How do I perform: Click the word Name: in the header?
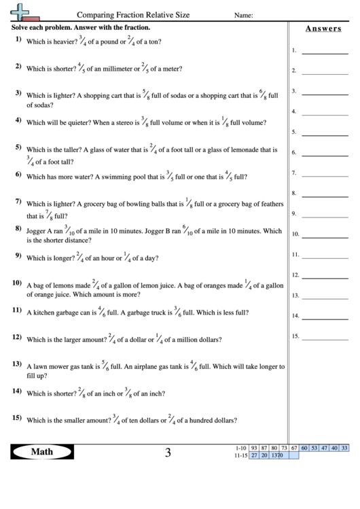(244, 14)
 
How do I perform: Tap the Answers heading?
(322, 29)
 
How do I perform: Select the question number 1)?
(18, 39)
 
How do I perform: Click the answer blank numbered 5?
(329, 132)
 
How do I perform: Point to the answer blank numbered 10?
(329, 234)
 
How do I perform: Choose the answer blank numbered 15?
(329, 336)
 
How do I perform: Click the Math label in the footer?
(43, 451)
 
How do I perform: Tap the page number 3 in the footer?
(167, 452)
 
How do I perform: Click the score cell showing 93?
(253, 448)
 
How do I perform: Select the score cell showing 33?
(344, 448)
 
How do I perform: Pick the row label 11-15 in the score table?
(239, 455)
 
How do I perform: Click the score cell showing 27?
(253, 455)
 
